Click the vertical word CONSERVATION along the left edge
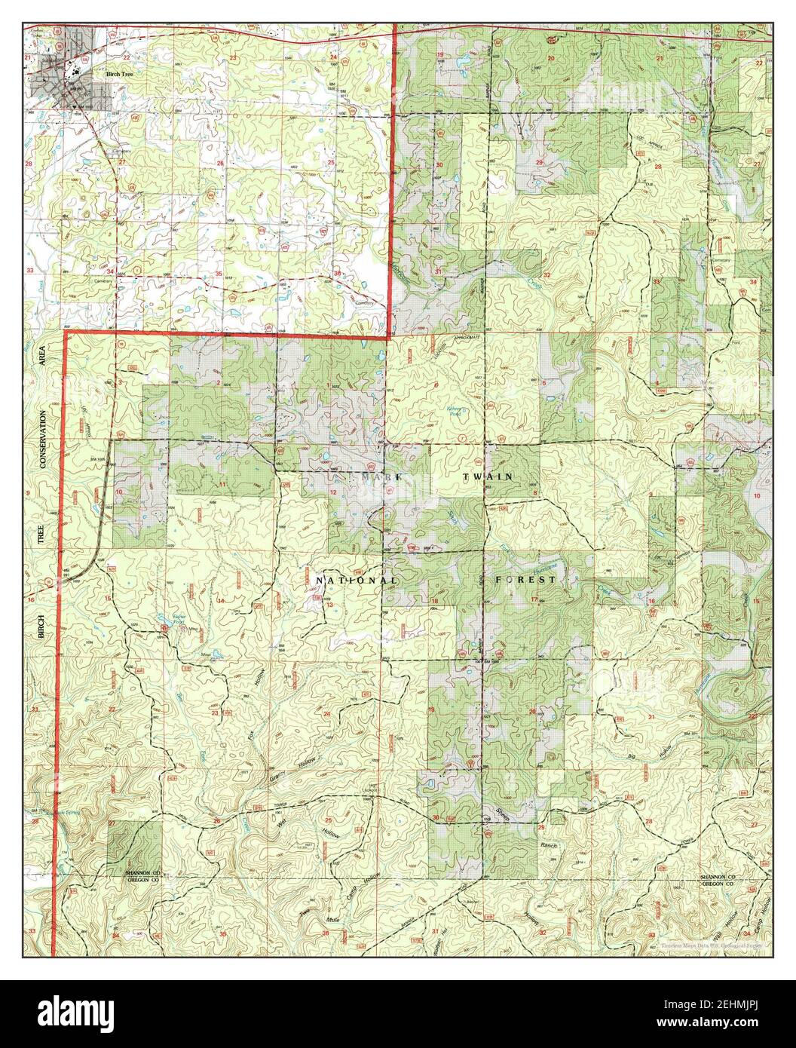pos(43,440)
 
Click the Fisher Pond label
pos(164,617)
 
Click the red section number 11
pos(222,483)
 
